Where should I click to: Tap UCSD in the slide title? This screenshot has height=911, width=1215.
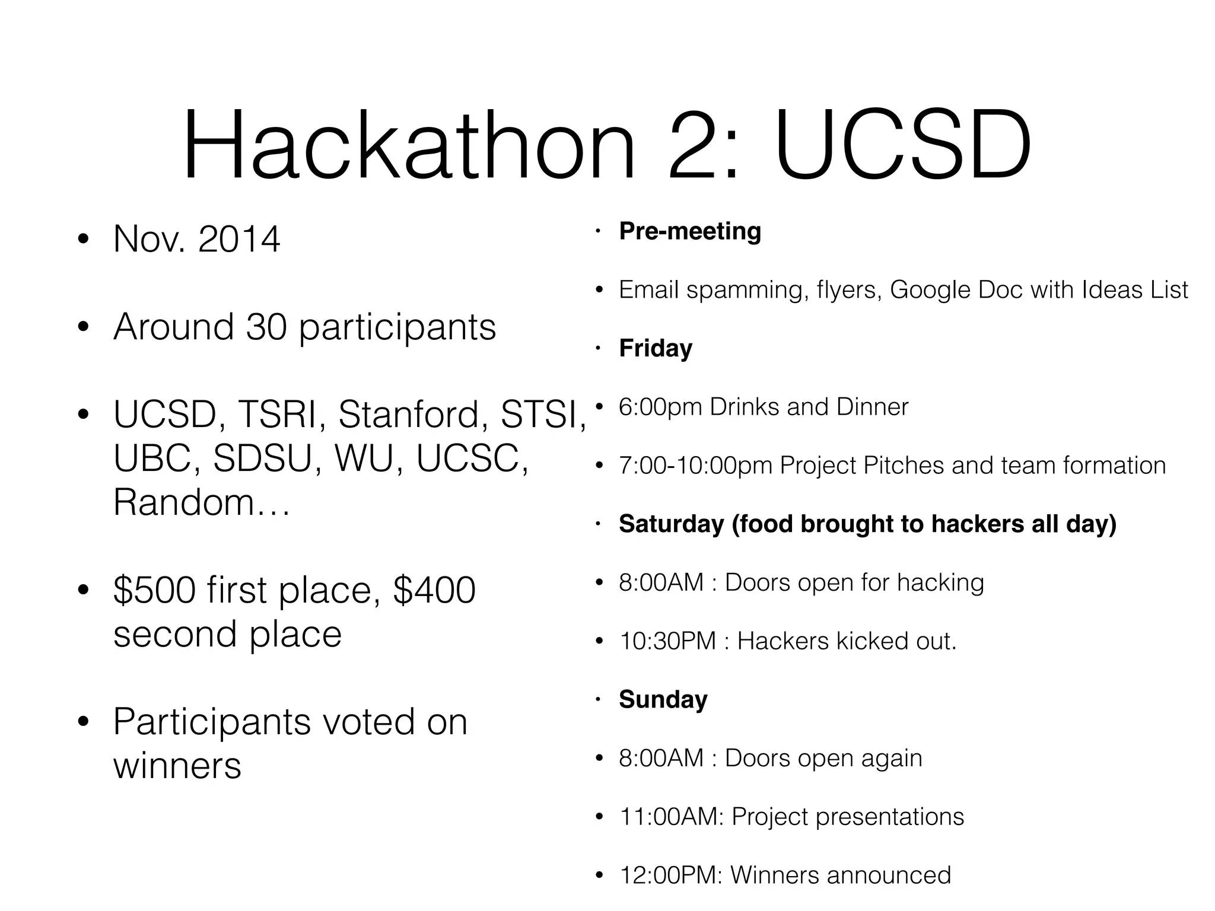tap(902, 145)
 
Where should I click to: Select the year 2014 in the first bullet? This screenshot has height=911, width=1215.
tap(238, 240)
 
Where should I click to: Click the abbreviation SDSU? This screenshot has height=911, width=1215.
tap(262, 458)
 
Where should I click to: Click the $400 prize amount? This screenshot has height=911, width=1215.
tap(434, 590)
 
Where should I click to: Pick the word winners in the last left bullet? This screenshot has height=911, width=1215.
tap(177, 766)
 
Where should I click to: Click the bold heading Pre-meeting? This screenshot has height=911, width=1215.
tap(690, 231)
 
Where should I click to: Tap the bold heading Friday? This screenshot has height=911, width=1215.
tap(656, 348)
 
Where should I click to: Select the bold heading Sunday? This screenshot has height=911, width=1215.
tap(663, 700)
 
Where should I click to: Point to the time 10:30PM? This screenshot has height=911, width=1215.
tap(667, 641)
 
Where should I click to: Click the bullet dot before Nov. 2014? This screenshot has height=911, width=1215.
tap(83, 240)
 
